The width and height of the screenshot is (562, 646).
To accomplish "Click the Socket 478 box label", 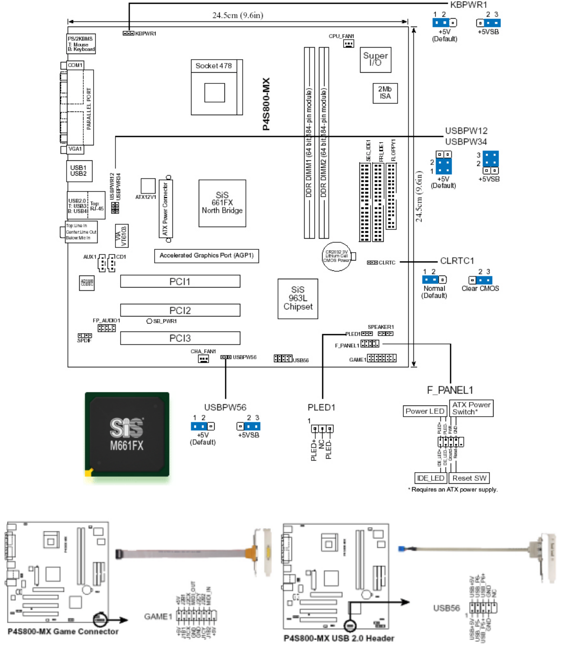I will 214,66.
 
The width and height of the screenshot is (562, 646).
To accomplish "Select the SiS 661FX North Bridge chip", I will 222,203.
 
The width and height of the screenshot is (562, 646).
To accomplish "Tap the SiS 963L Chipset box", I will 298,299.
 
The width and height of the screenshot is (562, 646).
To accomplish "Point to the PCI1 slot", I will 180,282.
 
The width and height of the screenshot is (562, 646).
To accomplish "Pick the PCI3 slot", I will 180,338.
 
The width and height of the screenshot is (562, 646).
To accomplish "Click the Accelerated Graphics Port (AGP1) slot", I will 206,255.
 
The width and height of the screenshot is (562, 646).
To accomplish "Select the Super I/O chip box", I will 375,60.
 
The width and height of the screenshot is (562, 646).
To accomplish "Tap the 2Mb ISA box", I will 385,93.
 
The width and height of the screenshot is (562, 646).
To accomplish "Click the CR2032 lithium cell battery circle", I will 337,256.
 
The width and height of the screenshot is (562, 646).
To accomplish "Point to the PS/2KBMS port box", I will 81,44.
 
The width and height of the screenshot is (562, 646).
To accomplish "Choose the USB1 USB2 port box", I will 79,171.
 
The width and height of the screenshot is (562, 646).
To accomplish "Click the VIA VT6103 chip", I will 121,236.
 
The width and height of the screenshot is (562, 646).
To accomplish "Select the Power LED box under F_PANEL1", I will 425,411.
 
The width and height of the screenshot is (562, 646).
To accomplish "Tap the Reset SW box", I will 469,478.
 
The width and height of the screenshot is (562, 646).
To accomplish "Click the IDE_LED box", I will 431,478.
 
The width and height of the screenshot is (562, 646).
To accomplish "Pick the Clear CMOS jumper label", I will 480,289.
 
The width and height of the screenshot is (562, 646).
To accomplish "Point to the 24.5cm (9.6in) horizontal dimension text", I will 237,15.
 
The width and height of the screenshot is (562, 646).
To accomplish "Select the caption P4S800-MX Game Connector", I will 63,632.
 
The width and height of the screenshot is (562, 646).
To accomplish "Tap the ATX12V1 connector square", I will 148,186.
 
